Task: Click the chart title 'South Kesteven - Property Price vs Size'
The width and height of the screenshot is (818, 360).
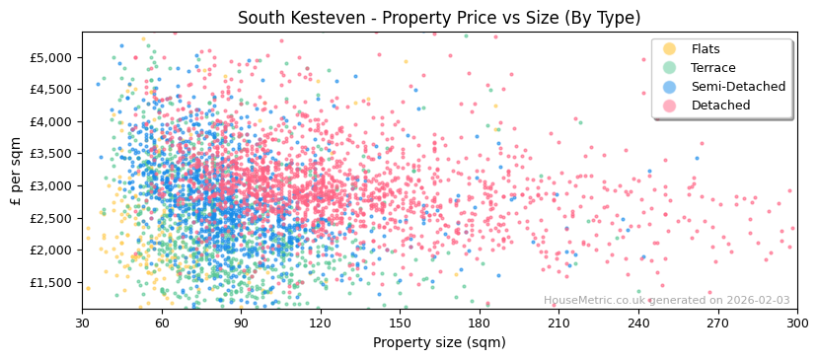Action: coord(439,18)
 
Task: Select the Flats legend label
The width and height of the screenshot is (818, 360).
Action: coord(706,49)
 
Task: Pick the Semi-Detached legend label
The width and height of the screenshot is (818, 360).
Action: coord(738,87)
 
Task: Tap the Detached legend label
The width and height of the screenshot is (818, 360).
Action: coord(720,106)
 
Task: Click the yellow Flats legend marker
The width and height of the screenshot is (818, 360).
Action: coord(670,49)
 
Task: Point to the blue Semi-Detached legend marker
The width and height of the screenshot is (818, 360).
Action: coord(670,87)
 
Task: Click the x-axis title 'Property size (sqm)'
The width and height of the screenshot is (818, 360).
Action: coord(439,343)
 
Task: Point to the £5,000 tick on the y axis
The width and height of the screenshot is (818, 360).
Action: coord(50,58)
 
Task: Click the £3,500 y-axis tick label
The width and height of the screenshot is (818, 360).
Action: coord(50,154)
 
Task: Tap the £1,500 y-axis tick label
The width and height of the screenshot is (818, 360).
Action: coord(50,283)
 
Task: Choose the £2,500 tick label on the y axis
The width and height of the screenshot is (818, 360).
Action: coord(50,219)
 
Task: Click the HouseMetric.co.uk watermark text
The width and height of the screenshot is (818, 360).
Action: coord(666,301)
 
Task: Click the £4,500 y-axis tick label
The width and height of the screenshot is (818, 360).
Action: coord(50,90)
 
